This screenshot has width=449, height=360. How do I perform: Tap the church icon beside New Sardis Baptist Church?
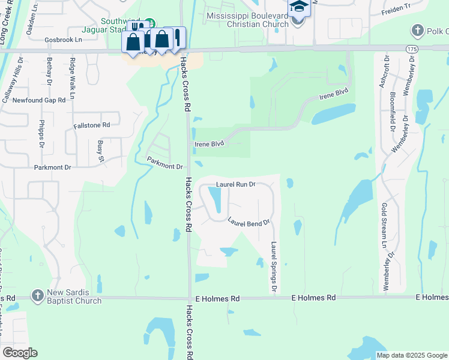(38, 295)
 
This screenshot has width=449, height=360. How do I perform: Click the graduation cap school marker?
(298, 7)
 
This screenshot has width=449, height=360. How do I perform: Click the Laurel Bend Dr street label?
(249, 221)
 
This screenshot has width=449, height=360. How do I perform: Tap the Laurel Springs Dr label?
(274, 267)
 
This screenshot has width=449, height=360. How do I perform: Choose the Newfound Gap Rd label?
(39, 100)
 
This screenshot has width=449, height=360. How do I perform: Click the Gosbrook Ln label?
(63, 40)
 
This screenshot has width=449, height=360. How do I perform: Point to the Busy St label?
(101, 152)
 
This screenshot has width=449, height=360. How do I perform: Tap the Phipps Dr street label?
(42, 136)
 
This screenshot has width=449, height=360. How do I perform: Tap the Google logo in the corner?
(20, 353)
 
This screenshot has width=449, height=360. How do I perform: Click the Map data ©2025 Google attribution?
(411, 355)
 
